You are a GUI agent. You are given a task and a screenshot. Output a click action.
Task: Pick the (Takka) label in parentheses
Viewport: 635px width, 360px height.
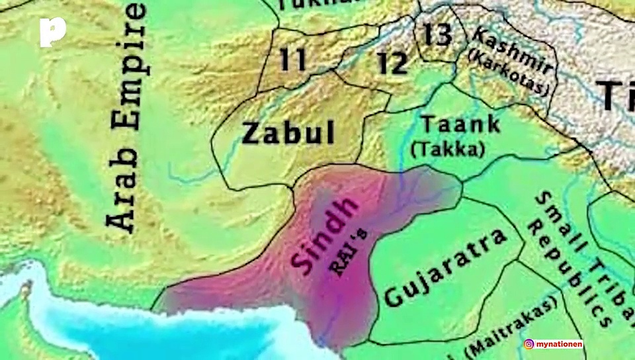coord(446,149)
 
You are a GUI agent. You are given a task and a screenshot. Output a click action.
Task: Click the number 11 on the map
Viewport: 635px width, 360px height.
coord(293,60)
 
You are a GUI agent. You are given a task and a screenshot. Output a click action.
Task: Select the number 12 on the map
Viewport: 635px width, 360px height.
coord(392,63)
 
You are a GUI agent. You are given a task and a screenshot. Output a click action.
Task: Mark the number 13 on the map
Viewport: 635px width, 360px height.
coord(437,34)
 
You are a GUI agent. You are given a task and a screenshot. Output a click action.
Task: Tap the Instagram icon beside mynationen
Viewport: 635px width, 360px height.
coord(529,344)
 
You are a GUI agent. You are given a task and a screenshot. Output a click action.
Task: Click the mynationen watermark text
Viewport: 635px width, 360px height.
coord(560,344)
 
